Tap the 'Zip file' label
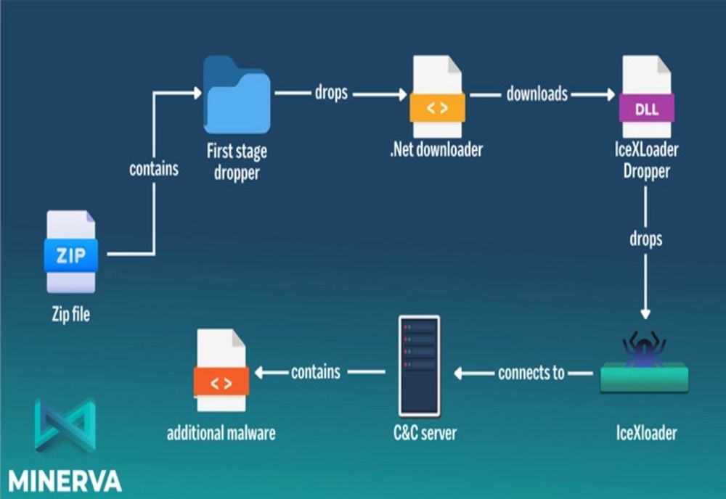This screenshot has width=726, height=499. coord(71,316)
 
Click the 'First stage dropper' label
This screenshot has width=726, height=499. coord(236,160)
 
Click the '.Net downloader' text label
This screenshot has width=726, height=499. coord(436,150)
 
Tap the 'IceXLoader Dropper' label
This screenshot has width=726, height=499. coord(645,160)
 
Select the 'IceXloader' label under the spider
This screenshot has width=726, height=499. coord(645,434)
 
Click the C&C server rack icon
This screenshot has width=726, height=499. coord(419,366)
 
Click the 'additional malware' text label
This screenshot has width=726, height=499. coord(221,434)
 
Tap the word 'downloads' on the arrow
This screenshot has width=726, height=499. coord(537,94)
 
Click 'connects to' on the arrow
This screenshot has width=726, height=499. coord(531,373)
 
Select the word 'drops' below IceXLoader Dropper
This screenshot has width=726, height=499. coord(645,239)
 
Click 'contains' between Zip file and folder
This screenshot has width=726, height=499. coord(154,169)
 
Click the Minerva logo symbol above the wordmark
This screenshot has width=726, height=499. coord(65,424)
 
